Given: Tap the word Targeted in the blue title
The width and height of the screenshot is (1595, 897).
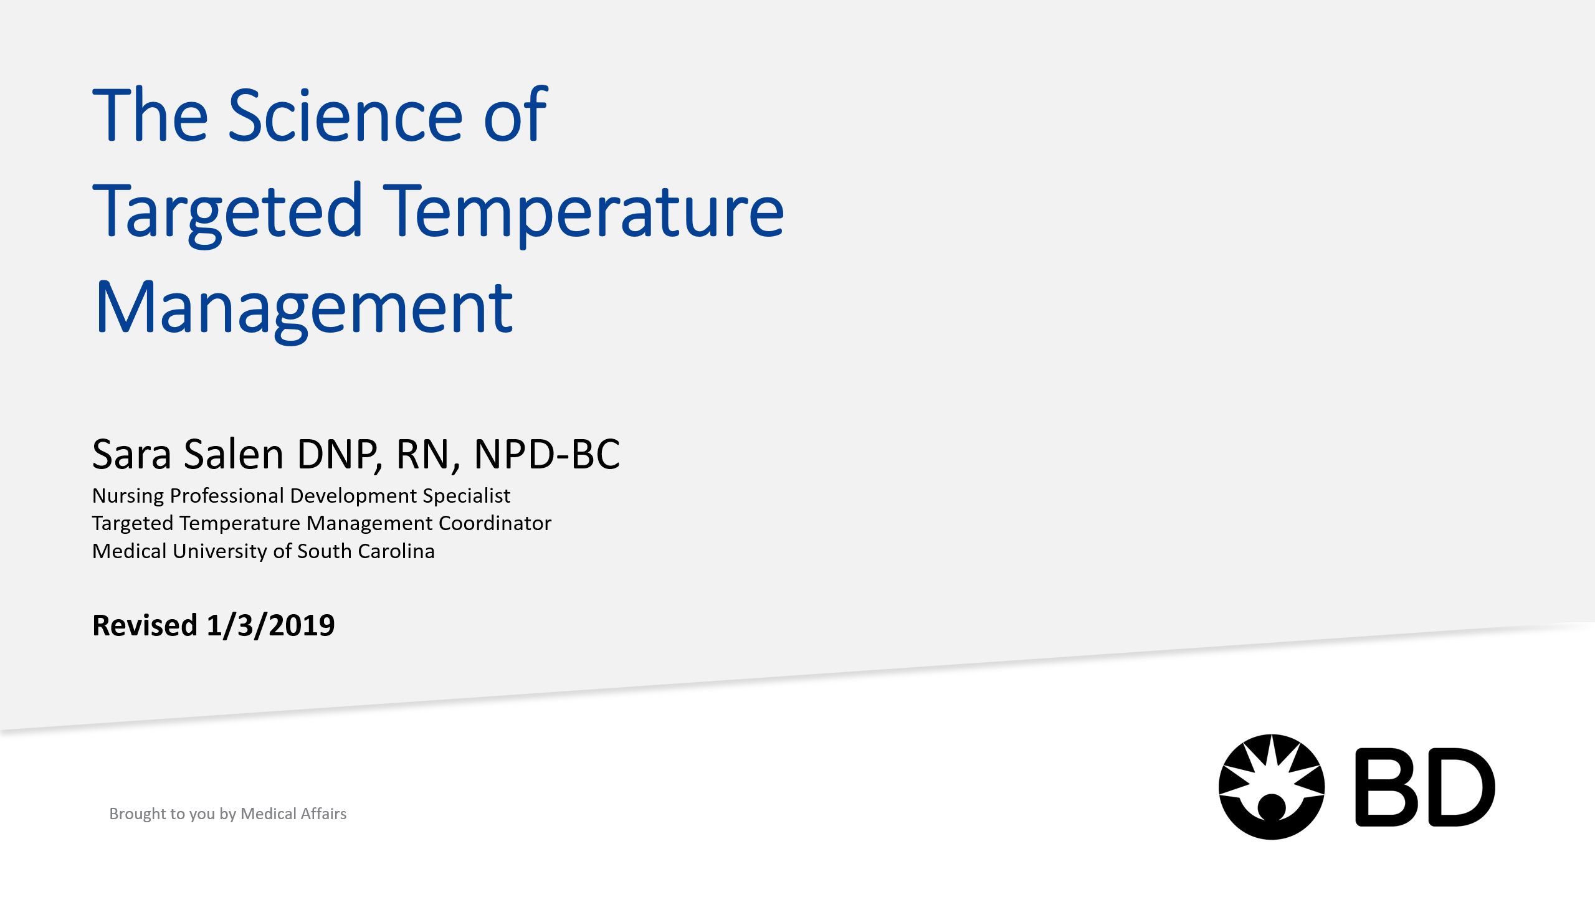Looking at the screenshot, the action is [x=227, y=214].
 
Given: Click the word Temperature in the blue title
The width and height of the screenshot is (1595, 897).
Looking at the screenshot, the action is [x=583, y=214].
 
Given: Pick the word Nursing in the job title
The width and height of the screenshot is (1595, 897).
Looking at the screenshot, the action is [x=128, y=496].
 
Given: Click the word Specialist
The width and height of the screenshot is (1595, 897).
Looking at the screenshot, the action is [x=467, y=496].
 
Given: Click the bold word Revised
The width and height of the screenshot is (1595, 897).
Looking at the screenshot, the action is [x=145, y=625].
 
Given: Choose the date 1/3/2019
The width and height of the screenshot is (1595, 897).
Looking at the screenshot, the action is [x=270, y=625].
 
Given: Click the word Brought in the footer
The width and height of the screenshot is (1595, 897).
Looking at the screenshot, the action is [x=138, y=814].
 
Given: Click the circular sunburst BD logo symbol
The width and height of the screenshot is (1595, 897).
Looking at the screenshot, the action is [x=1272, y=787].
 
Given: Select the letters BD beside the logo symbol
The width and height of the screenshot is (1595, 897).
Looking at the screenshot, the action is [x=1426, y=787].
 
